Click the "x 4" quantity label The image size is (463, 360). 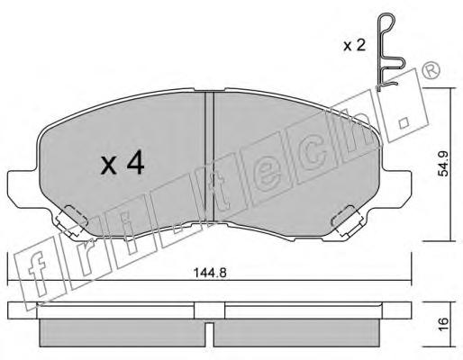[x=123, y=164]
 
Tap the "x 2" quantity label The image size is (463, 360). [x=355, y=46]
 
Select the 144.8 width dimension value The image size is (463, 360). [x=210, y=273]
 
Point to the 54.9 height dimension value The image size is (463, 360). [x=443, y=164]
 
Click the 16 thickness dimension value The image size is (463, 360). [x=443, y=324]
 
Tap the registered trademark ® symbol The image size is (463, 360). [x=431, y=70]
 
